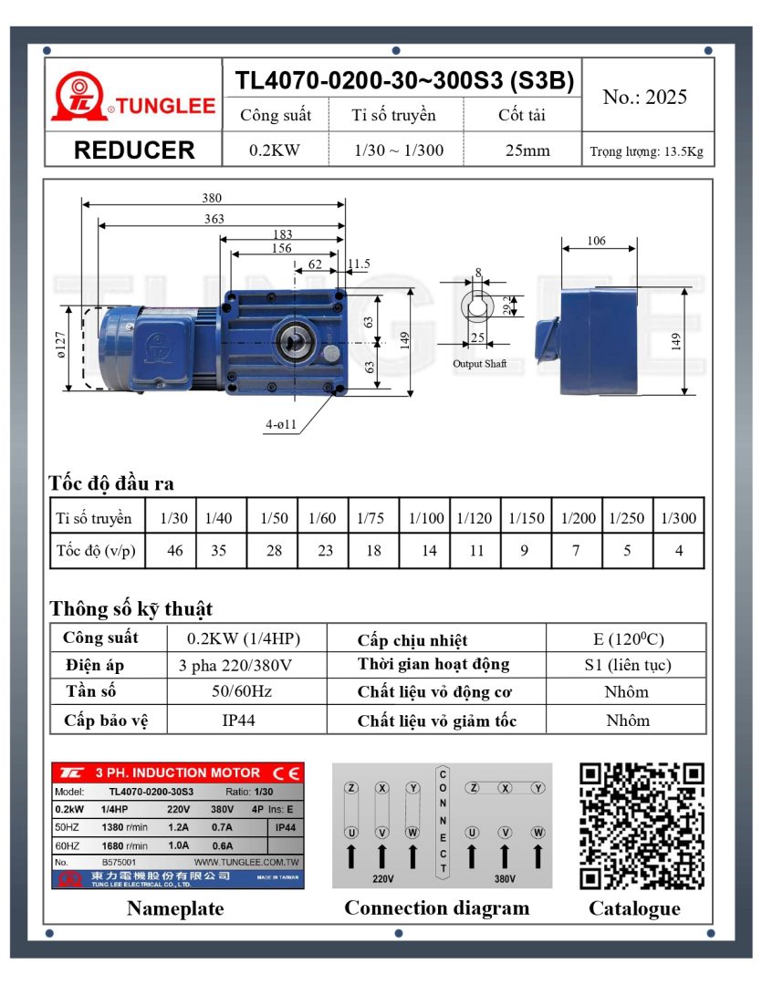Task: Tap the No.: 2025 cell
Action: pos(645,98)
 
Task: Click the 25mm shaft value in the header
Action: pos(527,150)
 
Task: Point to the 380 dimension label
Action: pos(212,198)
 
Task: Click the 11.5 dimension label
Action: pos(360,264)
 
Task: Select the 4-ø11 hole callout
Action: pos(280,425)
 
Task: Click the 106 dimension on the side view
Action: pos(596,241)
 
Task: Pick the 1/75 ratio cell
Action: pos(371,518)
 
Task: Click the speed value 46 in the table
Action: pos(174,551)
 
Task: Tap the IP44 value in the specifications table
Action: pos(238,720)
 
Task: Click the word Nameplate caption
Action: pos(175,908)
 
